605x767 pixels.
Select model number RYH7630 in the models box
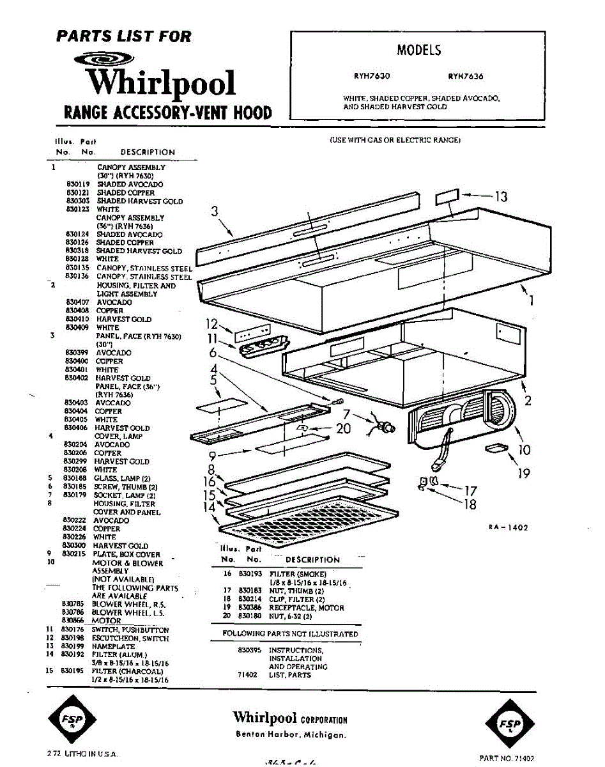372,76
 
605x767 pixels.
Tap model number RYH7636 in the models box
466,76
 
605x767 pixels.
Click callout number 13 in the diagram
501,197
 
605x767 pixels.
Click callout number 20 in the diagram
344,428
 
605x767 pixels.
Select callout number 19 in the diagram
524,474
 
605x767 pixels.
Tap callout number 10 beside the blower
525,450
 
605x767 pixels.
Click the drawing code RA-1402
509,527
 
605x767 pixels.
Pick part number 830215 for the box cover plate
66,554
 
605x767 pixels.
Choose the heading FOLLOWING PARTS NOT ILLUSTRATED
290,634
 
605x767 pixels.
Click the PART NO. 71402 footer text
507,758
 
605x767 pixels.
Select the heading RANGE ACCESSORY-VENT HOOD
168,114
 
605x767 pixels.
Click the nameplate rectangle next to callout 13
447,196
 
